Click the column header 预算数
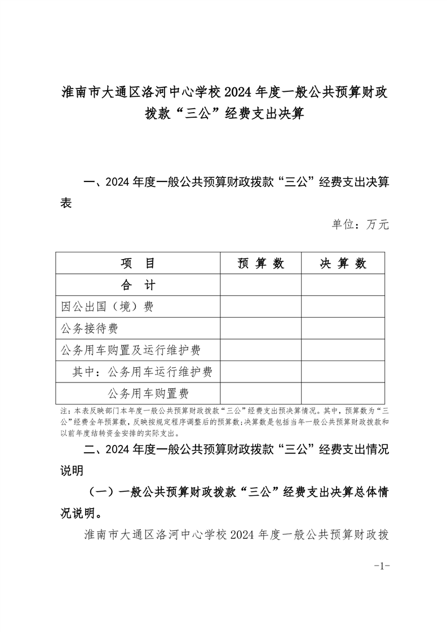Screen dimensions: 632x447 pos(260,264)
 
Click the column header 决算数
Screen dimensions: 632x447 pos(343,264)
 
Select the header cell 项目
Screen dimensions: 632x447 pos(138,264)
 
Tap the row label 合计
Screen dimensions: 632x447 pos(138,285)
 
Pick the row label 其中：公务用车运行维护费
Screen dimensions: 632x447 pos(142,372)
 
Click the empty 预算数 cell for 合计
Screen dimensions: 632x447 pos(260,285)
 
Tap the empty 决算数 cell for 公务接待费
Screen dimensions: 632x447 pos(343,328)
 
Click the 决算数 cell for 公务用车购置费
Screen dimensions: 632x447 pos(343,393)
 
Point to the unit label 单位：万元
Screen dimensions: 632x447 pos(360,225)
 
